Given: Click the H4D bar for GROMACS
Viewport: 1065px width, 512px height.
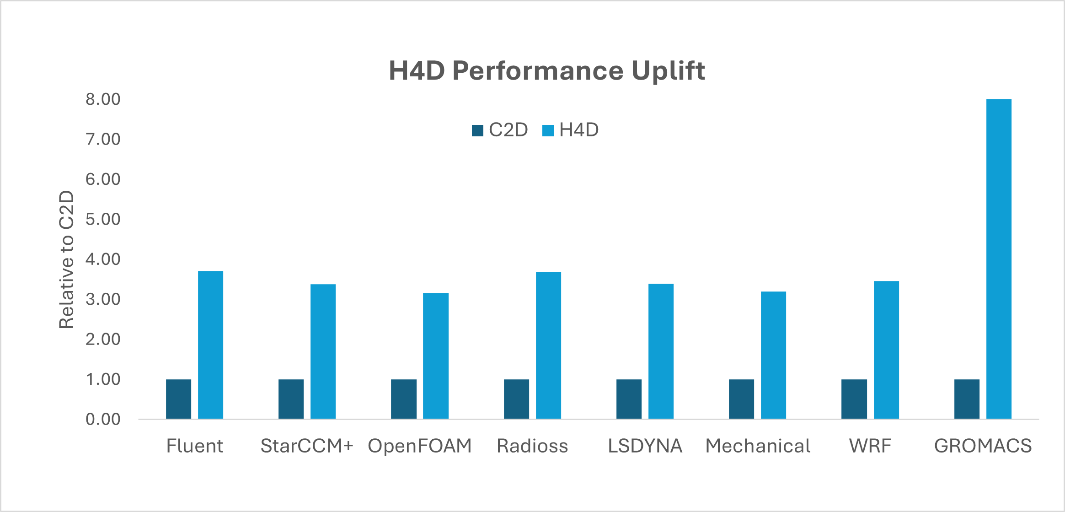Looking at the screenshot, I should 999,259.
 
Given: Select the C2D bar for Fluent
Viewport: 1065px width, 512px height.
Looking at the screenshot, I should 178,399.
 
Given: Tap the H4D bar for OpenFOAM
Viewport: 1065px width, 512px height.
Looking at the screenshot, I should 435,356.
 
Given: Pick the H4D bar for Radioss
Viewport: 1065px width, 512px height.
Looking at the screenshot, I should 548,345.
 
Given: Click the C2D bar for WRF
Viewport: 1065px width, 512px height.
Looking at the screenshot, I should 854,399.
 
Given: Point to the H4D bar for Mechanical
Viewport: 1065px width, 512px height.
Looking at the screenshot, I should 773,355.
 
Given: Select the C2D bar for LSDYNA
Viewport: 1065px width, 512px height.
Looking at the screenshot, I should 629,399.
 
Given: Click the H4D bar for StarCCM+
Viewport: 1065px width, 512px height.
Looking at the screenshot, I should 323,351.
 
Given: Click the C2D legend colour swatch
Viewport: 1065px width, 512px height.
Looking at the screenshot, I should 477,130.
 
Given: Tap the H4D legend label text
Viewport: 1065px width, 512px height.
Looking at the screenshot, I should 578,130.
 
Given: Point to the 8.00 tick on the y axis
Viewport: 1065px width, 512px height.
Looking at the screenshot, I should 103,99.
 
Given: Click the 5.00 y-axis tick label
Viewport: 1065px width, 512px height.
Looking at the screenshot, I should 103,219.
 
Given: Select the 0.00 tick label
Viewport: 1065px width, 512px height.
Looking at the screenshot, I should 103,419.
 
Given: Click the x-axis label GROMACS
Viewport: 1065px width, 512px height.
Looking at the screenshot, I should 983,446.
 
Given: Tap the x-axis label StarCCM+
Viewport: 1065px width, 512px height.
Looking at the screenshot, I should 307,446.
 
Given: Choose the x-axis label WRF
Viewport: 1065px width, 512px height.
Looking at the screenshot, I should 870,446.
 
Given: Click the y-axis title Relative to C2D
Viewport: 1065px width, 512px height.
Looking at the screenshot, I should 67,259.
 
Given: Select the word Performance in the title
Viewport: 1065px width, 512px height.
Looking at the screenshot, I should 538,71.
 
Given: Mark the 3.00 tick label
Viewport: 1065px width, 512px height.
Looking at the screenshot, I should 103,299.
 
